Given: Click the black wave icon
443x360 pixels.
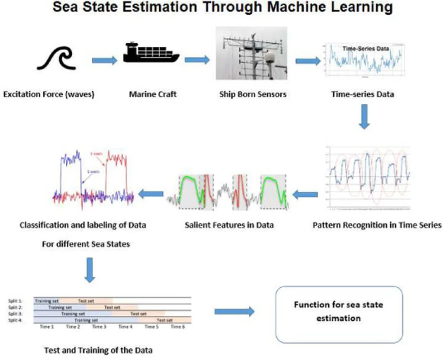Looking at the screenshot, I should pos(56,58).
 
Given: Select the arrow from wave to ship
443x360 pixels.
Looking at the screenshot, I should pos(104,61).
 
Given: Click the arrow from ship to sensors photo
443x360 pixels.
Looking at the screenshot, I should pos(197,60).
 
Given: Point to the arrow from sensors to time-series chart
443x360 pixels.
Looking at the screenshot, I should pos(308,61).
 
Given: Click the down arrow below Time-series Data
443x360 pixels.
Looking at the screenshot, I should pos(365,119).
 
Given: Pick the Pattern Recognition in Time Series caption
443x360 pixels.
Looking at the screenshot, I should pos(377,225).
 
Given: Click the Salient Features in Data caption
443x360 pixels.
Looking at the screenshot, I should pos(229,225).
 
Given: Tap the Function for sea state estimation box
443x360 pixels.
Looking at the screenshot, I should pos(339,312).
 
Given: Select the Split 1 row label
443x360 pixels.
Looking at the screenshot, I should pos(15,300).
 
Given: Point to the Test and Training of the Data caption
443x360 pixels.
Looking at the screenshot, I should pos(98,350).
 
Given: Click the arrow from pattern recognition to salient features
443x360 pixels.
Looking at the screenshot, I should pos(305,196).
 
